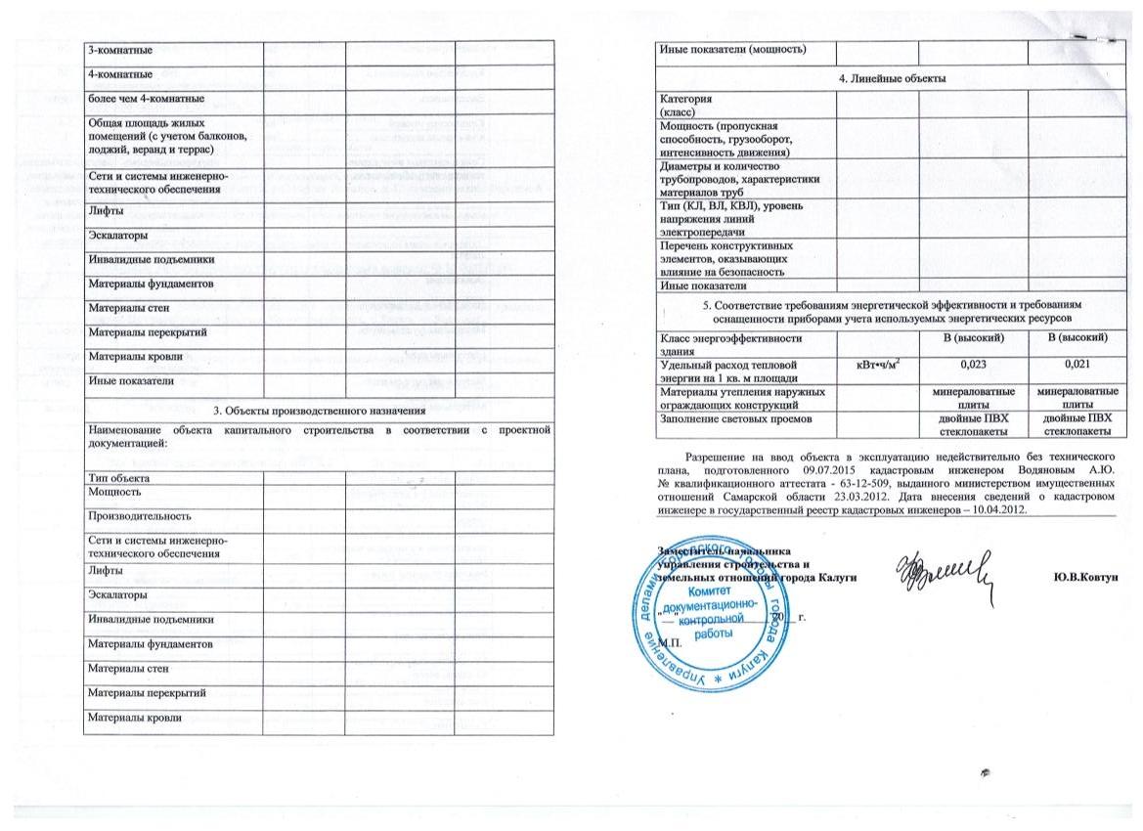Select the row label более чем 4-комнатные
click(x=146, y=99)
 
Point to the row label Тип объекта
click(x=118, y=478)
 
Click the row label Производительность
click(x=139, y=514)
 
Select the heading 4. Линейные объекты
click(x=891, y=78)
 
